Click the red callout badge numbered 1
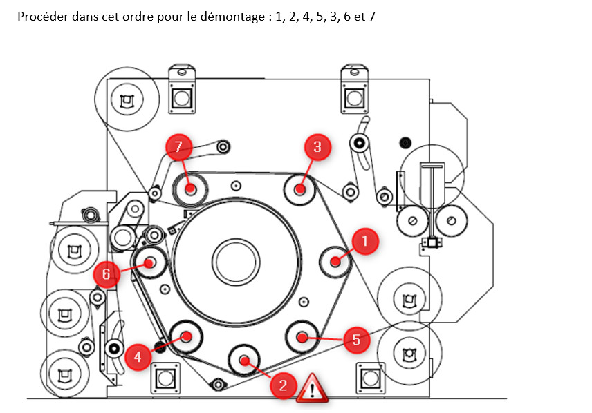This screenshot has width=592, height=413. click(x=364, y=241)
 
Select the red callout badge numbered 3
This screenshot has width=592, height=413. click(x=317, y=147)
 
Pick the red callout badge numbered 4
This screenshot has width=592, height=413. click(x=138, y=356)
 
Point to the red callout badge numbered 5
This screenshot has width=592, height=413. click(x=356, y=339)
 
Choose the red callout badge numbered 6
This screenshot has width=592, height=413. click(x=106, y=274)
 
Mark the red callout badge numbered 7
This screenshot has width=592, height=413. click(x=178, y=146)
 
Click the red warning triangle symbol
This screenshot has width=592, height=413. click(x=312, y=387)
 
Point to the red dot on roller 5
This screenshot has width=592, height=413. click(x=302, y=336)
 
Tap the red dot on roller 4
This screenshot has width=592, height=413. click(x=186, y=336)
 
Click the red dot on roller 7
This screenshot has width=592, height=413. click(x=191, y=189)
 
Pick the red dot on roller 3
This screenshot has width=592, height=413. click(x=300, y=189)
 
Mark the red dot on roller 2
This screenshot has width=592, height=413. click(x=244, y=360)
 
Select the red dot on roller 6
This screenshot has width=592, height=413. click(x=149, y=262)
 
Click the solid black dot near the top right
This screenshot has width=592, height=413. click(x=405, y=143)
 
